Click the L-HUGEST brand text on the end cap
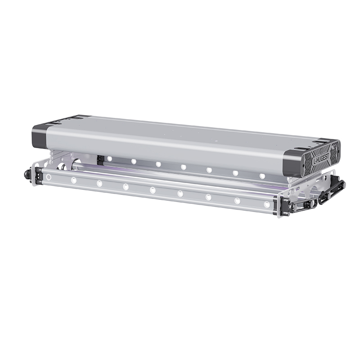click(x=321, y=157)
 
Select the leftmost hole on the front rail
click(x=49, y=177)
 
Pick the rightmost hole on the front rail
click(x=267, y=204)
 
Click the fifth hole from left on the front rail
click(x=153, y=190)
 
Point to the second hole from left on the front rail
click(x=74, y=180)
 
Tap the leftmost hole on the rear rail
click(x=109, y=158)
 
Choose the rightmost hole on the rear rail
click(x=262, y=176)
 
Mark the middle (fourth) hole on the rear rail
click(x=184, y=167)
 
